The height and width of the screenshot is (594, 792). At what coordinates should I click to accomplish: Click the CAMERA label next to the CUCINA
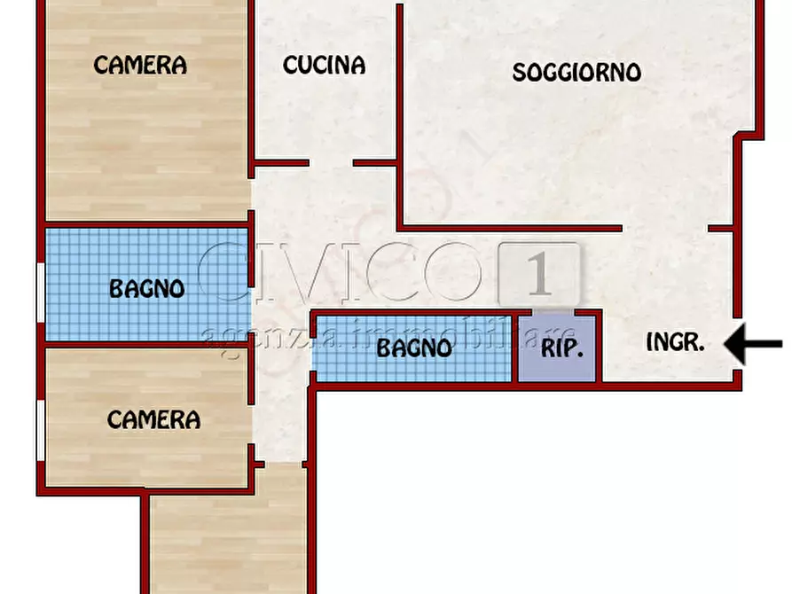point(140,65)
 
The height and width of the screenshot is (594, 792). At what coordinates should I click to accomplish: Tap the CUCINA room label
point(324,65)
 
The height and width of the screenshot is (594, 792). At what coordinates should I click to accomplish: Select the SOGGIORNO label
point(576,72)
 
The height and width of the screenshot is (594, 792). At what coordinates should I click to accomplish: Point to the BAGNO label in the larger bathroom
point(146,288)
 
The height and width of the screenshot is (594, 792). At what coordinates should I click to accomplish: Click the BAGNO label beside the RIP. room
point(414,348)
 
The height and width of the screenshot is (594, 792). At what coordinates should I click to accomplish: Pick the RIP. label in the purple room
point(562,348)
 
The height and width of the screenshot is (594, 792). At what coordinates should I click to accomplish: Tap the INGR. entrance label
point(676,343)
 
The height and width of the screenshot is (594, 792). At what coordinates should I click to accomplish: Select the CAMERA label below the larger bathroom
point(153,419)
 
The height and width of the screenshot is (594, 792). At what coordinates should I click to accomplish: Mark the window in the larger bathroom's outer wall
point(40,293)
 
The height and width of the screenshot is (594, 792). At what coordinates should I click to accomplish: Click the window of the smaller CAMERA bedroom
point(40,430)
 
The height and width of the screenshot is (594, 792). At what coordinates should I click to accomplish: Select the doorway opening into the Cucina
point(331,163)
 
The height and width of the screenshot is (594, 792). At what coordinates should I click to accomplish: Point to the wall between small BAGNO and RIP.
point(516,348)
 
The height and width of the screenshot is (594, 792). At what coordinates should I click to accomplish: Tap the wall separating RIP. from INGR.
point(600,348)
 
